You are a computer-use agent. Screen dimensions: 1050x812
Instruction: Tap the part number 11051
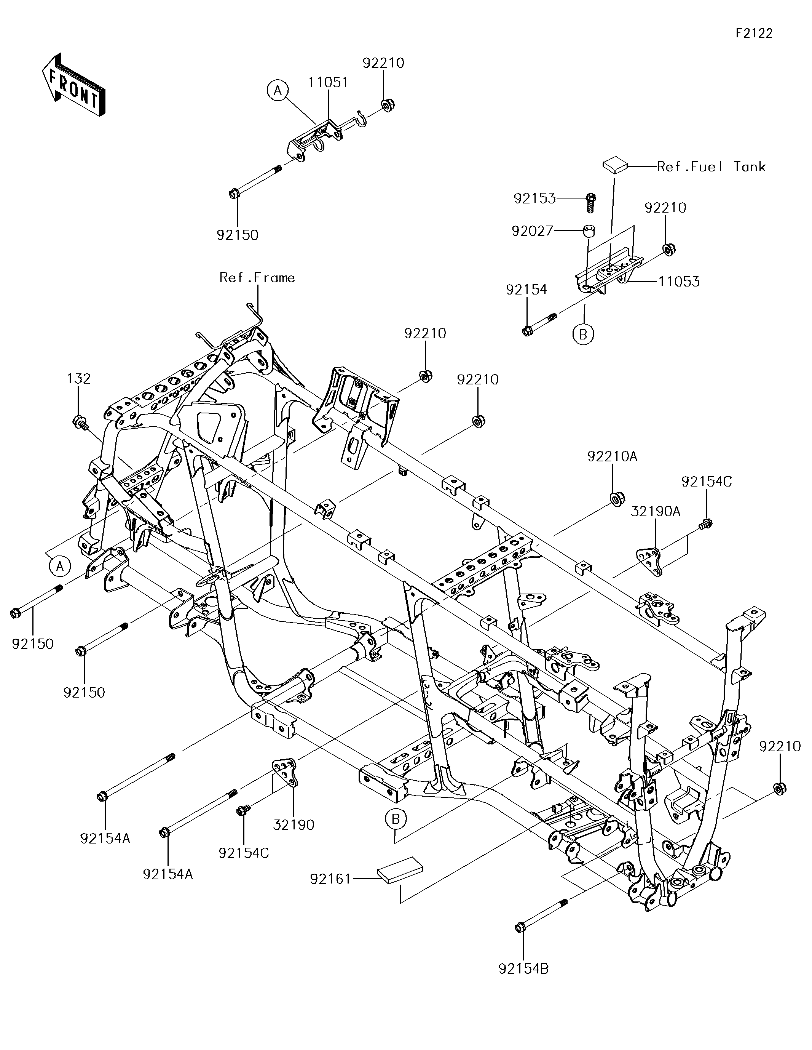(328, 82)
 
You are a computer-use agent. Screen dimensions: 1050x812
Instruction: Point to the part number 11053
(678, 282)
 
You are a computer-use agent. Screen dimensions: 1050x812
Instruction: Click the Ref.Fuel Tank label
(711, 167)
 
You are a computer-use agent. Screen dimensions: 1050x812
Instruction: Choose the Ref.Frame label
(257, 277)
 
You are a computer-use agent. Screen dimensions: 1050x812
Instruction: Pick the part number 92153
(534, 198)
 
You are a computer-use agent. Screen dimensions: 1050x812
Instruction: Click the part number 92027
(532, 231)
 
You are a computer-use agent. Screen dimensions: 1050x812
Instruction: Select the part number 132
(78, 379)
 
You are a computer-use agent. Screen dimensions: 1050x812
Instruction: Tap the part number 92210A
(612, 456)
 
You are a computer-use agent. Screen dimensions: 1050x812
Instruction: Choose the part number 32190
(294, 825)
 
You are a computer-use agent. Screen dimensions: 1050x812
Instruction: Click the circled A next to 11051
(278, 90)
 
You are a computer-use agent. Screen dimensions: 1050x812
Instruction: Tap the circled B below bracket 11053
(583, 334)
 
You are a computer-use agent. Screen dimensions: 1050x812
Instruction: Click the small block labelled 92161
(400, 870)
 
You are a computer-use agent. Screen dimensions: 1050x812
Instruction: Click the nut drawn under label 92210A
(614, 499)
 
